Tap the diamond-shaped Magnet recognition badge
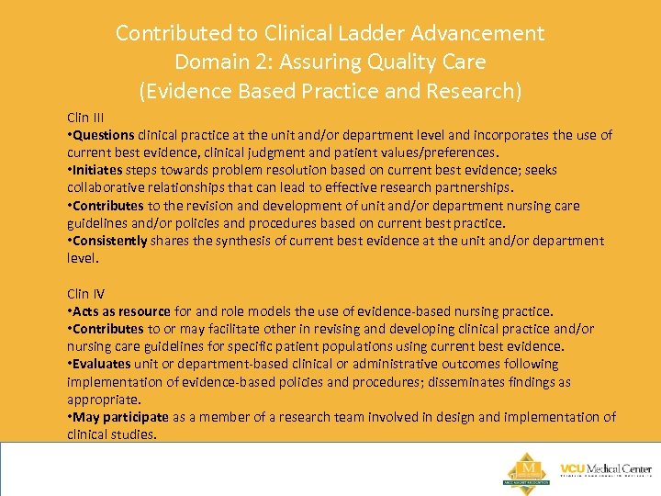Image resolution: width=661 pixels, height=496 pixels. tap(527, 468)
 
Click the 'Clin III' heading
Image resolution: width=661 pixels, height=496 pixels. tap(84, 118)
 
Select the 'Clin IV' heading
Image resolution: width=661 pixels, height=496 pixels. tap(85, 294)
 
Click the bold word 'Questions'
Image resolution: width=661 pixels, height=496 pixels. tap(104, 135)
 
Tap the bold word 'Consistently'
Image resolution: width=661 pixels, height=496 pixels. tap(110, 241)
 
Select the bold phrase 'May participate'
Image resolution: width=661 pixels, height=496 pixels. tap(120, 417)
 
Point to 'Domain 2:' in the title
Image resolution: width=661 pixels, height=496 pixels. tap(220, 62)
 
